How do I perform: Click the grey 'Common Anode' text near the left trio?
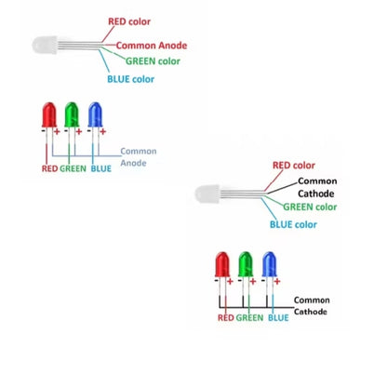(x=138, y=156)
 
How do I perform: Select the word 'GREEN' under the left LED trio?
(x=73, y=169)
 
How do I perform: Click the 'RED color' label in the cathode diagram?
(x=293, y=166)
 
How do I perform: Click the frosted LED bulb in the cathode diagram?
(x=207, y=194)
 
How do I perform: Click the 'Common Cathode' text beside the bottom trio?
(x=312, y=306)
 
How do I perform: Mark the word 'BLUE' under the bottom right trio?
(x=277, y=318)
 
